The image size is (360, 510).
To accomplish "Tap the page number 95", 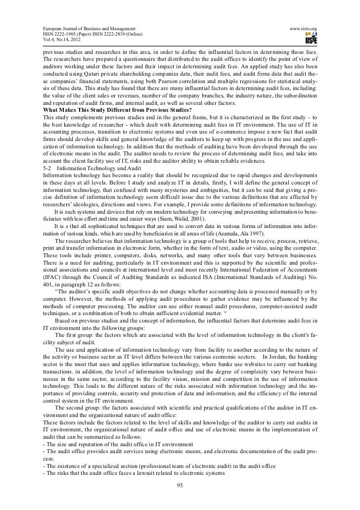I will (x=180, y=484).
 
